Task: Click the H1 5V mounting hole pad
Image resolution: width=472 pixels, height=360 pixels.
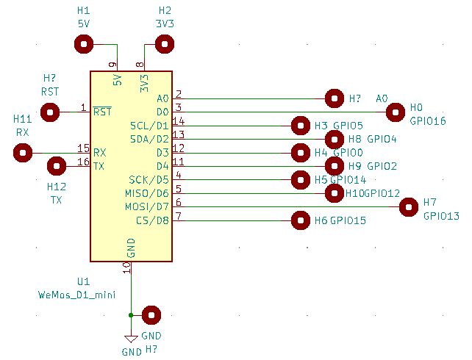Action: (x=85, y=45)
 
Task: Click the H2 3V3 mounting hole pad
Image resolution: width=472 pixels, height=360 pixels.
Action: (x=165, y=45)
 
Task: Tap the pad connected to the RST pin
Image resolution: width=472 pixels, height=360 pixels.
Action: (x=50, y=112)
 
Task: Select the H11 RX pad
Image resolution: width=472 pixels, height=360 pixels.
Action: (x=23, y=153)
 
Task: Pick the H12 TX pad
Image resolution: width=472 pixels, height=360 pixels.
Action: (x=57, y=167)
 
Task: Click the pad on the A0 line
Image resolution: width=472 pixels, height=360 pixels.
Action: (x=335, y=98)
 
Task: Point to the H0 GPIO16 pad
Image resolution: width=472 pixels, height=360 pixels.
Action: (x=396, y=112)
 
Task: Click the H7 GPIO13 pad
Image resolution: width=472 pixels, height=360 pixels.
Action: (x=409, y=207)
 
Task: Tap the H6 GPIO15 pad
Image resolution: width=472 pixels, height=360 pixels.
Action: (x=301, y=220)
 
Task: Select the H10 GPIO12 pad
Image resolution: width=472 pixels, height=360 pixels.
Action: (x=335, y=193)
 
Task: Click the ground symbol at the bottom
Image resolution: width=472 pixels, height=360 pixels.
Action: (x=131, y=339)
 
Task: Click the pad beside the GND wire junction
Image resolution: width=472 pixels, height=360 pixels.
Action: (x=151, y=315)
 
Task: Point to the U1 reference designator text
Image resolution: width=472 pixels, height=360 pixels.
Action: (x=83, y=281)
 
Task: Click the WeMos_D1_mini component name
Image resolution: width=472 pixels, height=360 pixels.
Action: (x=76, y=295)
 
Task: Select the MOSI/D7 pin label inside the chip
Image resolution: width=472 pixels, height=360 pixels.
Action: (x=148, y=207)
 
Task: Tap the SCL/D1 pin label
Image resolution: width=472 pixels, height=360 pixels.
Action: (x=149, y=126)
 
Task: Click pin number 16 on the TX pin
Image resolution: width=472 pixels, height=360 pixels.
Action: (x=83, y=162)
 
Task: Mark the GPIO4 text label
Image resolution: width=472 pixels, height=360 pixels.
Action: (x=382, y=139)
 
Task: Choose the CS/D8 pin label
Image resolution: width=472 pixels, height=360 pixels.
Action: (x=152, y=220)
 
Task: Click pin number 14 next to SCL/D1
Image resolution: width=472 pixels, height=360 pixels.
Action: (x=179, y=121)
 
